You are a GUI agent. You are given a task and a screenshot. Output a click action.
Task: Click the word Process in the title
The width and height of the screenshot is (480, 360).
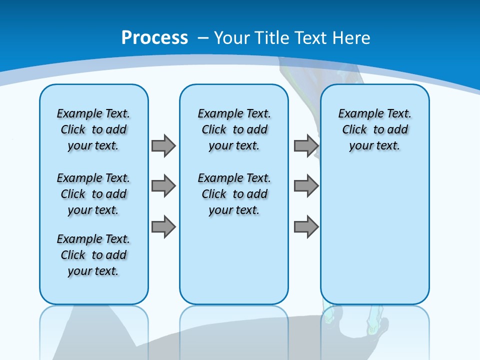pyautogui.click(x=154, y=37)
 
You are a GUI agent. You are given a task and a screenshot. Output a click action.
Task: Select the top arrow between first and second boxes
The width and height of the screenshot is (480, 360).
pyautogui.click(x=163, y=146)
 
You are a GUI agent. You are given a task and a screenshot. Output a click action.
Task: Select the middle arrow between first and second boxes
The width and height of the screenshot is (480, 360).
pyautogui.click(x=163, y=186)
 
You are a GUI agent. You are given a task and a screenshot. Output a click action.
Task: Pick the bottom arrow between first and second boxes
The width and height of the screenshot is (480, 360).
pyautogui.click(x=163, y=226)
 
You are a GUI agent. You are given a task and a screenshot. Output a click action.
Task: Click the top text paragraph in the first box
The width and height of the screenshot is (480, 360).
pyautogui.click(x=93, y=129)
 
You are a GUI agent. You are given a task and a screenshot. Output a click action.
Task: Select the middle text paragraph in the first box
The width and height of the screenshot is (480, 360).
pyautogui.click(x=93, y=194)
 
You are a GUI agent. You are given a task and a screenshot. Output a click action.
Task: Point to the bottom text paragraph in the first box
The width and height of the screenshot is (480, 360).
pyautogui.click(x=93, y=255)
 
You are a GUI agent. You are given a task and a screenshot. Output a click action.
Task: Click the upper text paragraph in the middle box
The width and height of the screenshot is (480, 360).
pyautogui.click(x=234, y=129)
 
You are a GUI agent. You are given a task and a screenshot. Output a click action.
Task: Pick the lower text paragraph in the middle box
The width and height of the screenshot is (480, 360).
pyautogui.click(x=234, y=194)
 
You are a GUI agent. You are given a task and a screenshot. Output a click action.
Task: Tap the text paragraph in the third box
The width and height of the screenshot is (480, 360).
pyautogui.click(x=374, y=129)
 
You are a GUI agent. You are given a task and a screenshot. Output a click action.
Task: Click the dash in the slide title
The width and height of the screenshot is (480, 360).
pyautogui.click(x=203, y=38)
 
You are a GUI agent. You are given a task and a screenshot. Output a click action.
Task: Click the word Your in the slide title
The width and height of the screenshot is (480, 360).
pyautogui.click(x=232, y=37)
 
